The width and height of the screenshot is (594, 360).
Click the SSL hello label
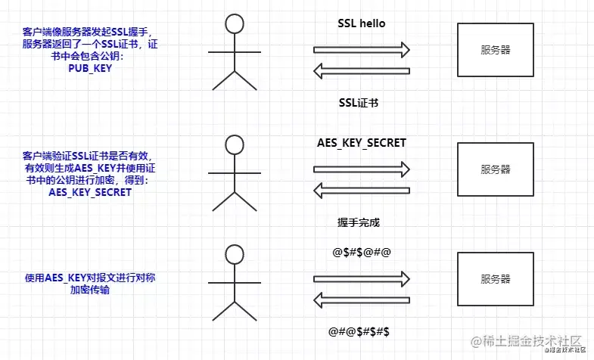coord(362,23)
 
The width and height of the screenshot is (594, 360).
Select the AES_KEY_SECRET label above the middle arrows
coord(362,142)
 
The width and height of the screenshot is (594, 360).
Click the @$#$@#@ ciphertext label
coord(362,252)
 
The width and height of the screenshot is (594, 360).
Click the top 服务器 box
coord(496,50)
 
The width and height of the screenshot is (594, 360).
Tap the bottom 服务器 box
coord(496,278)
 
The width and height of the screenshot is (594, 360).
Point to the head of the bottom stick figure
coord(234,253)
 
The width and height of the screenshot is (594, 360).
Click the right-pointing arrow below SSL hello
coord(362,50)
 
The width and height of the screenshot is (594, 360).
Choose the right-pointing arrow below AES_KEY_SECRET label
coord(362,168)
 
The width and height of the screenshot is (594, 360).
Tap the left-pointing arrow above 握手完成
coord(362,191)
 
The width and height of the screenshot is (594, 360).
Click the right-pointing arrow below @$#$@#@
coord(362,278)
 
